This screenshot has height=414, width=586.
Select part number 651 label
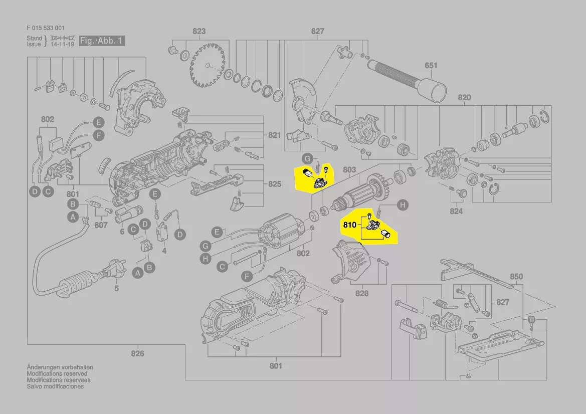[431, 65]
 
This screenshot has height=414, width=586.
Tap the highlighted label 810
[349, 225]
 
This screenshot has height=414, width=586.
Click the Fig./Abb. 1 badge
[102, 41]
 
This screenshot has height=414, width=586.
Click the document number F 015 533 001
[45, 28]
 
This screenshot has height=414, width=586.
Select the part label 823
[199, 31]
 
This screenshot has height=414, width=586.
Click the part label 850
[516, 276]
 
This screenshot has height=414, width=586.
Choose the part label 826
[137, 353]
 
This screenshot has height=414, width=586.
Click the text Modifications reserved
[57, 374]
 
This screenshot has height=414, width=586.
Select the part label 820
[464, 98]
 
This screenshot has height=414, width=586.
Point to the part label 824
[456, 211]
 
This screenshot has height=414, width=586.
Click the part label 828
[362, 293]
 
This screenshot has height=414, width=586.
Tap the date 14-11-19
[62, 44]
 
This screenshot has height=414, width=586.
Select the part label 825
[274, 184]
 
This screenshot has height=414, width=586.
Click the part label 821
[274, 135]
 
